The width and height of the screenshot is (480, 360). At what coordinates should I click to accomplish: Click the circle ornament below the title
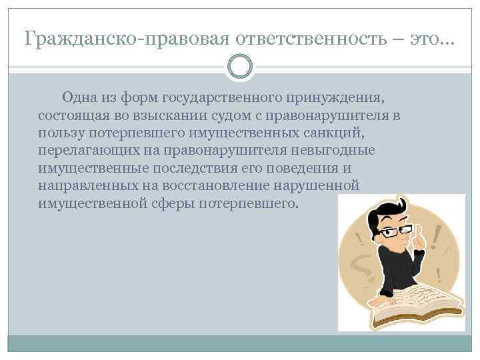click(x=240, y=66)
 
